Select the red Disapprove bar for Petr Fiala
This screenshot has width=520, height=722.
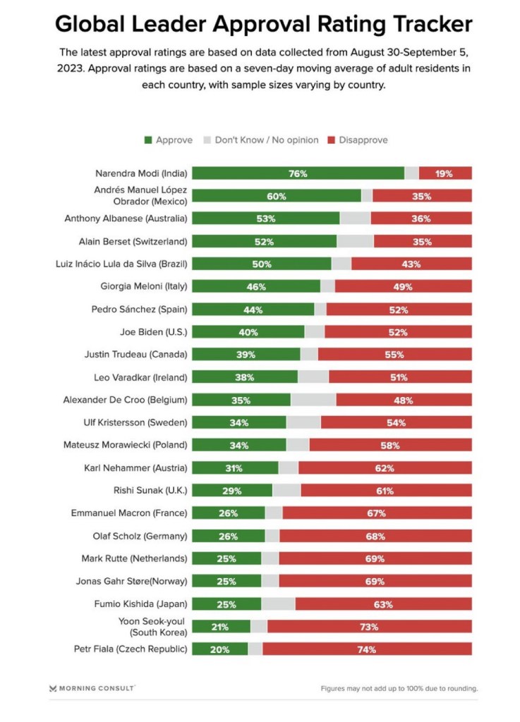tap(367, 649)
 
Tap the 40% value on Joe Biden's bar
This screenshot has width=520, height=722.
tap(247, 332)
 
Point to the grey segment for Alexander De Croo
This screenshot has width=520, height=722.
tap(313, 400)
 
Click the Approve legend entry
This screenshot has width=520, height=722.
tap(169, 140)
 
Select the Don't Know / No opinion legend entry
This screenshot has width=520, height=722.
tap(260, 140)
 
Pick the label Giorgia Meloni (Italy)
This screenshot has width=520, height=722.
tap(145, 287)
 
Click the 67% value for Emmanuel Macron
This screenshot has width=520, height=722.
tap(376, 513)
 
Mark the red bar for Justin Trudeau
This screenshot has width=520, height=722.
tap(394, 355)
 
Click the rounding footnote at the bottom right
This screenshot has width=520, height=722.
tap(399, 688)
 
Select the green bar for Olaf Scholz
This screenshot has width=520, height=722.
tap(228, 536)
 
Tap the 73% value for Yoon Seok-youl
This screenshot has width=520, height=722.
tap(369, 627)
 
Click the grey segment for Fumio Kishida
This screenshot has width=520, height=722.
tap(278, 604)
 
